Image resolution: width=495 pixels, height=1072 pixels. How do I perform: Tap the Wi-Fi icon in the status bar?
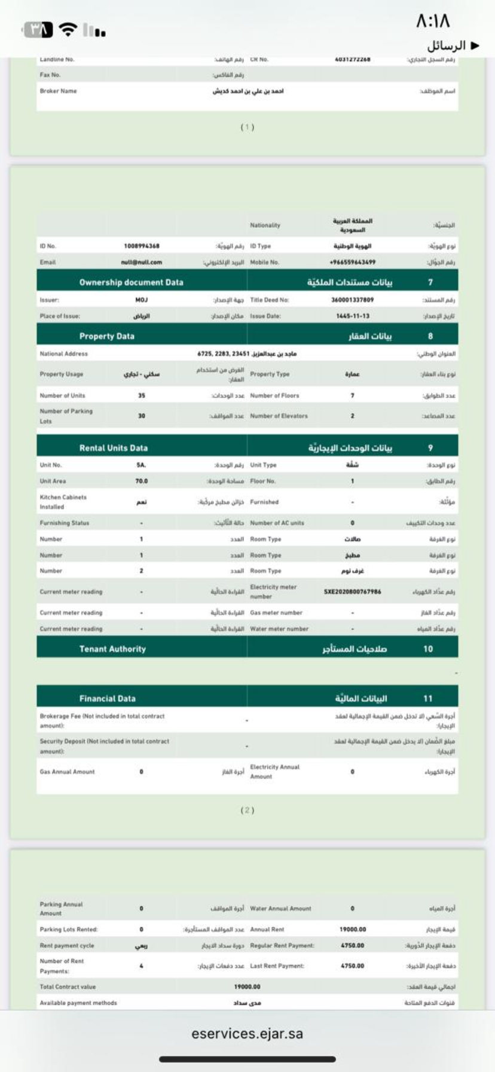[69, 29]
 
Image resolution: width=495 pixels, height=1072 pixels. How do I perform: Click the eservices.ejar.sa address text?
[247, 1033]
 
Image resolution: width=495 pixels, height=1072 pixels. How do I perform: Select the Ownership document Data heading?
[131, 282]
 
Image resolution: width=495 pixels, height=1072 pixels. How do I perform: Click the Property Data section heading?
[106, 336]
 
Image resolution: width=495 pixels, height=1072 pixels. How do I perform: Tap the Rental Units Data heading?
[113, 447]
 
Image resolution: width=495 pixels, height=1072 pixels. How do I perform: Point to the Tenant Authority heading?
[112, 648]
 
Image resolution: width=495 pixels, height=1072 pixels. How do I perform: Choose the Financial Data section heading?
[107, 698]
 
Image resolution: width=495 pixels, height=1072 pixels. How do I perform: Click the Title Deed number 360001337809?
[352, 300]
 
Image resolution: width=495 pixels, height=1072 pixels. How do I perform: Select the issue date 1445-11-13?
[352, 316]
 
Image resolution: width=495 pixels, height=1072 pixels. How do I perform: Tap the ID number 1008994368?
[142, 246]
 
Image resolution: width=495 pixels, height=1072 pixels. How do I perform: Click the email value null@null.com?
[141, 262]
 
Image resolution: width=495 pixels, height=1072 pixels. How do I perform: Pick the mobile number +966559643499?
[352, 262]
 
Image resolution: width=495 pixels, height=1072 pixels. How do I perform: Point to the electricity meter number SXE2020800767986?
[352, 592]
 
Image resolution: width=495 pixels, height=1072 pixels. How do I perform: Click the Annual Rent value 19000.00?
[352, 929]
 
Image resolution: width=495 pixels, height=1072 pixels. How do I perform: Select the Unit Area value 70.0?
[142, 481]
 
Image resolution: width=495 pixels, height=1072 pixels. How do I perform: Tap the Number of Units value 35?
[142, 395]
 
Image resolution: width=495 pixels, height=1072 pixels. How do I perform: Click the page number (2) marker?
[247, 810]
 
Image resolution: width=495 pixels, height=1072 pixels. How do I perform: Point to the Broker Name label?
[58, 91]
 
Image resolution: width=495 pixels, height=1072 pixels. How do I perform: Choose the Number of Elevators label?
[279, 416]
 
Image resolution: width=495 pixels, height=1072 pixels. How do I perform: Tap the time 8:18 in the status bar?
[433, 22]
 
